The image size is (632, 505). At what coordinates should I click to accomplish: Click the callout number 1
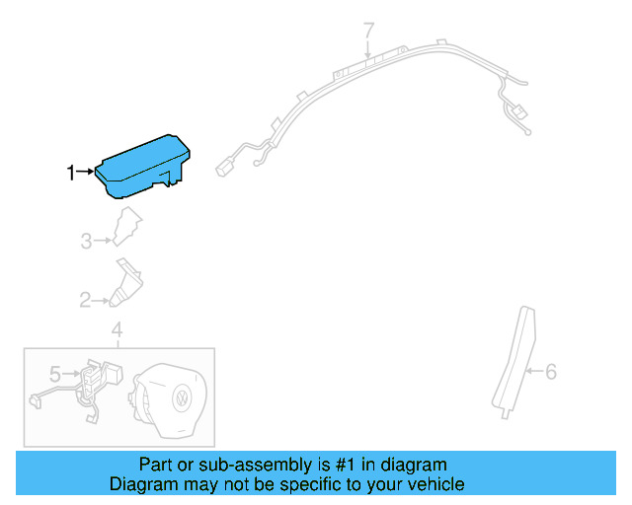(70, 174)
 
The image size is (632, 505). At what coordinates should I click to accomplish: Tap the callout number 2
(85, 299)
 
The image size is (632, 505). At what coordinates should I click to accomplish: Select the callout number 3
(86, 240)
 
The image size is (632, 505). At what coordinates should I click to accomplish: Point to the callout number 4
(117, 328)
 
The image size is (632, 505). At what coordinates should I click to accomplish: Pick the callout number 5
(55, 374)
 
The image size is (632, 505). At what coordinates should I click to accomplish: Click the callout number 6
(551, 372)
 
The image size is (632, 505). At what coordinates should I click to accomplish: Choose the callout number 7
(368, 30)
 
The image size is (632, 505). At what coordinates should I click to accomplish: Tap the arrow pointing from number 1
(85, 173)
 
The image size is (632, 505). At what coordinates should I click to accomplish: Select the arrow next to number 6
(533, 372)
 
